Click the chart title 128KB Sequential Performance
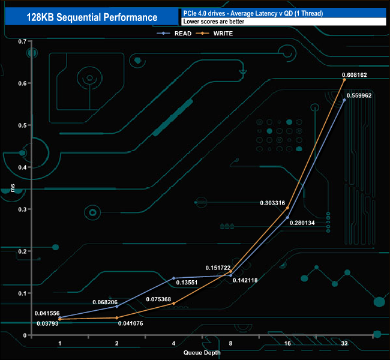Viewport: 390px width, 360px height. click(92, 17)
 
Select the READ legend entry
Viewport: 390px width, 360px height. click(174, 34)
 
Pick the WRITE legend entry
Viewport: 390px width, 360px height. click(214, 34)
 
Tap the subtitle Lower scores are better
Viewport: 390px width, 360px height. click(214, 22)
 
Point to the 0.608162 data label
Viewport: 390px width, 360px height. click(354, 75)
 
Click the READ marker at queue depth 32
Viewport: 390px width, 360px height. click(344, 100)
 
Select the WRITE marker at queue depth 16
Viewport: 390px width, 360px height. click(287, 208)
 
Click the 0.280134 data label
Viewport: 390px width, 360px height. click(302, 223)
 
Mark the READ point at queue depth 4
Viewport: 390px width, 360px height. click(173, 278)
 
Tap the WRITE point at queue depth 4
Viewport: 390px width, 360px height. click(173, 303)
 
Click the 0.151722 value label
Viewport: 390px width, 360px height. click(218, 268)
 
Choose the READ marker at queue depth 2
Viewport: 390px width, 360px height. click(116, 306)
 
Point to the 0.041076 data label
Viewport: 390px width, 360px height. click(130, 323)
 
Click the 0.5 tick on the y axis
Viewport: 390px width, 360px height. click(22, 125)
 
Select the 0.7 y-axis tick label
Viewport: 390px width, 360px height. click(22, 41)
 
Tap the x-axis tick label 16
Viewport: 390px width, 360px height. click(287, 344)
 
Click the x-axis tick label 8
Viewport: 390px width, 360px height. click(230, 344)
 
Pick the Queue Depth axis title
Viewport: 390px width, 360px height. click(202, 353)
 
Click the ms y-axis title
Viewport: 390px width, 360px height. click(13, 188)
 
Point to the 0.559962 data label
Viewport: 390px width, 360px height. click(359, 95)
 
